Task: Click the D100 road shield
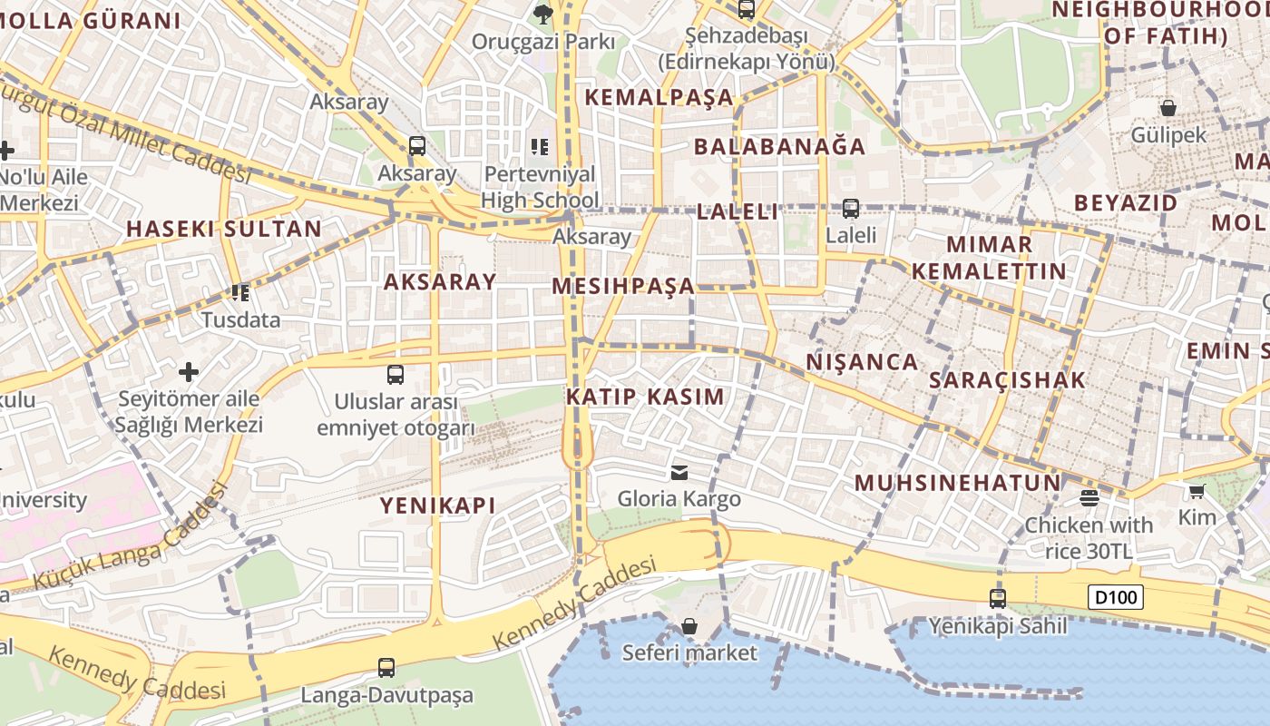pyautogui.click(x=1116, y=597)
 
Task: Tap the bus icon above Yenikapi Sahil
pyautogui.click(x=998, y=599)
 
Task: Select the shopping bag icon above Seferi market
pyautogui.click(x=689, y=626)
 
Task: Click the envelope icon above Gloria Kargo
pyautogui.click(x=679, y=472)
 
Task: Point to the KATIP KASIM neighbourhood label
pyautogui.click(x=645, y=397)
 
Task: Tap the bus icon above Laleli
pyautogui.click(x=850, y=209)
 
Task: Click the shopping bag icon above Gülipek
pyautogui.click(x=1168, y=108)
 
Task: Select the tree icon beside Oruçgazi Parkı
pyautogui.click(x=543, y=14)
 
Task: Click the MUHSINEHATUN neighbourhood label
pyautogui.click(x=957, y=483)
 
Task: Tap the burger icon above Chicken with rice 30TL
pyautogui.click(x=1089, y=497)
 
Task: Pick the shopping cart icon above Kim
pyautogui.click(x=1197, y=491)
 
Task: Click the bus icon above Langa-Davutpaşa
pyautogui.click(x=386, y=668)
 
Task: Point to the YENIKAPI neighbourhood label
pyautogui.click(x=437, y=505)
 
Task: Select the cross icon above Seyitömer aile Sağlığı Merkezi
pyautogui.click(x=189, y=372)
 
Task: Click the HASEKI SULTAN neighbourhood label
pyautogui.click(x=224, y=229)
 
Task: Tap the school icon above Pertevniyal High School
pyautogui.click(x=540, y=146)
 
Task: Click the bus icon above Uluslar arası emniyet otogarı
pyautogui.click(x=396, y=374)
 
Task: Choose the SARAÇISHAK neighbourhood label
pyautogui.click(x=1007, y=380)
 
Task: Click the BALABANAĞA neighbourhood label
pyautogui.click(x=780, y=146)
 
